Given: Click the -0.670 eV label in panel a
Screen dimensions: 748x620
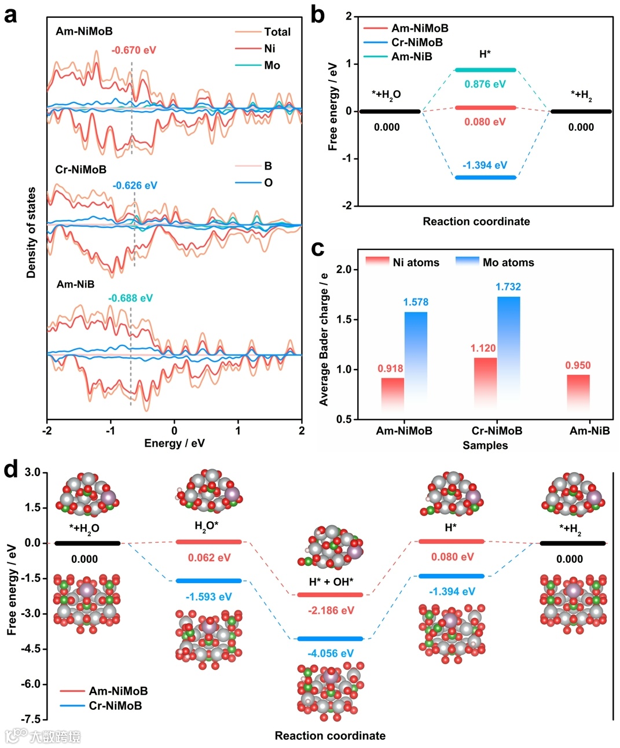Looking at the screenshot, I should click(134, 50).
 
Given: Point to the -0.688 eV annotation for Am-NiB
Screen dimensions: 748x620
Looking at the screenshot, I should click(130, 299).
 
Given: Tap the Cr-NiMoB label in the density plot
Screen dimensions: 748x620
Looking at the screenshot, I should click(81, 170).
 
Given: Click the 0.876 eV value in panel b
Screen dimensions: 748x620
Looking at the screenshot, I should click(485, 84).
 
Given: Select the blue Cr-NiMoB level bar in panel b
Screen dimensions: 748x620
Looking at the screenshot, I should click(485, 178).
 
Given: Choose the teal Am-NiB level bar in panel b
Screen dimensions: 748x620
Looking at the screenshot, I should click(485, 70).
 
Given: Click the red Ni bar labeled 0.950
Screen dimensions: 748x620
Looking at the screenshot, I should click(578, 393).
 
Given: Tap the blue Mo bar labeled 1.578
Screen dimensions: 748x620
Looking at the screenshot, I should click(416, 359).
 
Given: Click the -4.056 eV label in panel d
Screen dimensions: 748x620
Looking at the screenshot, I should click(331, 654).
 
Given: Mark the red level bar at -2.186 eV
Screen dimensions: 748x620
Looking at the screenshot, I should click(330, 595).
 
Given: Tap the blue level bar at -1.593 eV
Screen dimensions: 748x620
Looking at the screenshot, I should click(208, 581).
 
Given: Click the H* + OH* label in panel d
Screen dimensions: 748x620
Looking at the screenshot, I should click(331, 582).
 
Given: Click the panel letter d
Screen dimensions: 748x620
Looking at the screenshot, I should click(10, 469).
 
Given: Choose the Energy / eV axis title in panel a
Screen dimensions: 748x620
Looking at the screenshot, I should click(174, 443).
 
